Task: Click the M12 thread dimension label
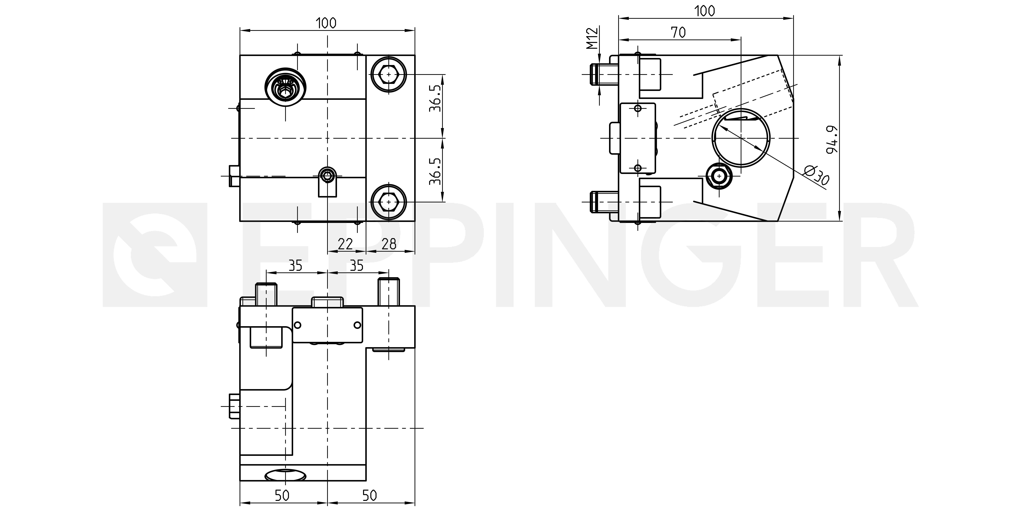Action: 592,38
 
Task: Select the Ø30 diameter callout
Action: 817,175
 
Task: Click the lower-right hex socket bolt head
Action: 389,202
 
